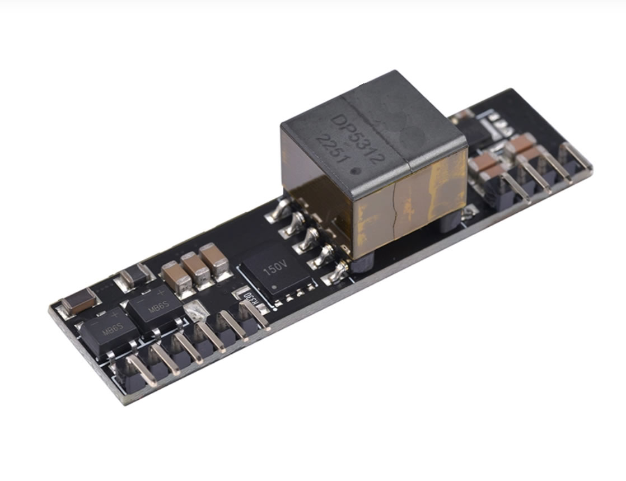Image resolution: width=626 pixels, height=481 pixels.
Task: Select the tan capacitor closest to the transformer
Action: pyautogui.click(x=213, y=259)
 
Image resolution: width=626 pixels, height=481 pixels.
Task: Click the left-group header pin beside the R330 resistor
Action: pyautogui.click(x=255, y=316)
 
